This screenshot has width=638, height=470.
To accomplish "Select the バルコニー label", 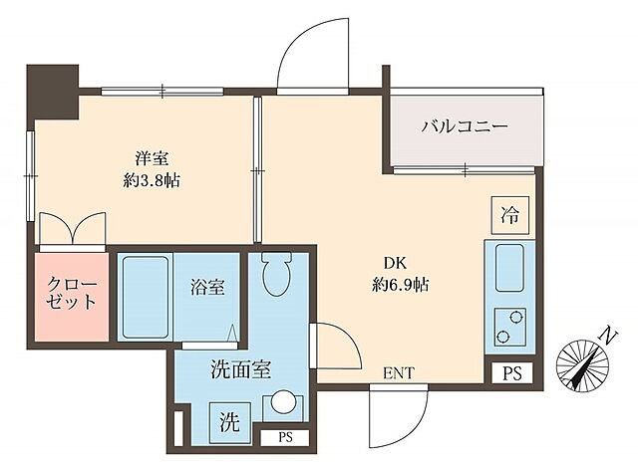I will [x=465, y=127].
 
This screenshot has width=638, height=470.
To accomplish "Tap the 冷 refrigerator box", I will [x=509, y=213].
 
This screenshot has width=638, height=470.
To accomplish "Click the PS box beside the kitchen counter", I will [x=511, y=374].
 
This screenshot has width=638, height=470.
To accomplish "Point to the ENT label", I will [x=398, y=373].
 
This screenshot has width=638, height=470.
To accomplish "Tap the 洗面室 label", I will [x=240, y=370].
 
